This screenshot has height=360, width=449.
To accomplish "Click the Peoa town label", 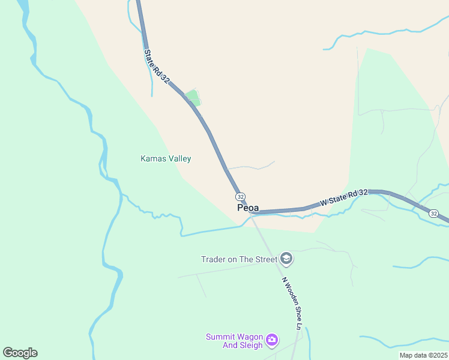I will pyautogui.click(x=248, y=208).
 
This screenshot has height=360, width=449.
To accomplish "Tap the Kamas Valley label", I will pyautogui.click(x=166, y=159).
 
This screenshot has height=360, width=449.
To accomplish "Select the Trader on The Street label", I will pyautogui.click(x=239, y=259).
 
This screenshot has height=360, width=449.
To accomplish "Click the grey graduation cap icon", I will pyautogui.click(x=286, y=259).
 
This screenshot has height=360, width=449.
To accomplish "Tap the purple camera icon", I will pyautogui.click(x=272, y=341).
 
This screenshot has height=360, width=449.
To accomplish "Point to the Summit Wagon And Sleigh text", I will pyautogui.click(x=235, y=341).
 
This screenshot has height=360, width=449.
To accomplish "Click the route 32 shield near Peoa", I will pyautogui.click(x=240, y=196).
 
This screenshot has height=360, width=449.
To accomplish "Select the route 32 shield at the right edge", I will pyautogui.click(x=434, y=213).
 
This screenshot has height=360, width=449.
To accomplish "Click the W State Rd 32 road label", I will pyautogui.click(x=343, y=197).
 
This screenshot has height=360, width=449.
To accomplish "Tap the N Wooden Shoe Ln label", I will pyautogui.click(x=293, y=304).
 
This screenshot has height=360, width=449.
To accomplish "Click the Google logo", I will pyautogui.click(x=20, y=353).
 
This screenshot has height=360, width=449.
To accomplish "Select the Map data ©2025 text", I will pyautogui.click(x=423, y=355).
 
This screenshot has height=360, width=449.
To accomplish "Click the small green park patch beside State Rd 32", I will pyautogui.click(x=193, y=97).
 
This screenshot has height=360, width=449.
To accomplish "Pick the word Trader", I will pyautogui.click(x=214, y=259).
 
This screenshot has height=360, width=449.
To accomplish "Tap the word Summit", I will pyautogui.click(x=219, y=337).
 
